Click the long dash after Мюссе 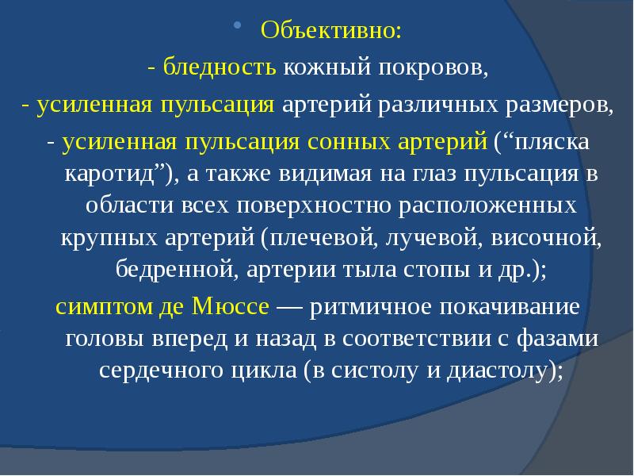290,306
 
